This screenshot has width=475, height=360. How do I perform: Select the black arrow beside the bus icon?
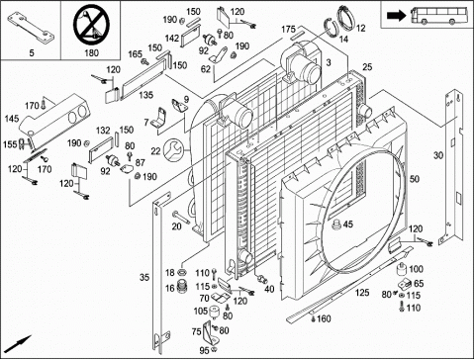[x=396, y=15]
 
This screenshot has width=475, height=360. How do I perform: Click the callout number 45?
[x=348, y=225]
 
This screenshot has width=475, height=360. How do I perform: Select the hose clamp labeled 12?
[x=345, y=18]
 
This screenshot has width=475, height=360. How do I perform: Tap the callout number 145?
[x=12, y=119]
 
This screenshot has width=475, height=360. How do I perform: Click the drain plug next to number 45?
[x=335, y=225]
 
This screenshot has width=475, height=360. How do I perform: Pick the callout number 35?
[x=144, y=277]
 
